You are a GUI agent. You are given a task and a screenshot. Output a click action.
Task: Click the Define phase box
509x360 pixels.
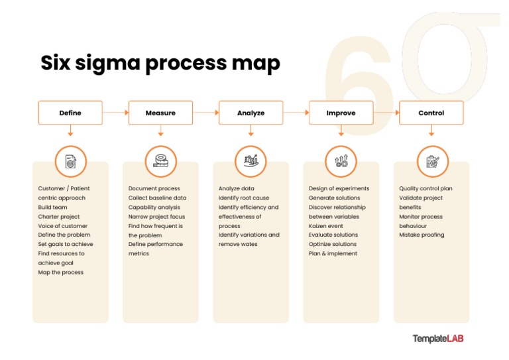tap(70, 113)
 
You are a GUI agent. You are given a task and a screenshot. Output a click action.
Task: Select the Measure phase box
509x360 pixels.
tap(160, 113)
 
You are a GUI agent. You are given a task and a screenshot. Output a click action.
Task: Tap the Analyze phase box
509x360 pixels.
tap(251, 113)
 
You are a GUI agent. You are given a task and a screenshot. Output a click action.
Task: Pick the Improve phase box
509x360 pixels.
tap(341, 113)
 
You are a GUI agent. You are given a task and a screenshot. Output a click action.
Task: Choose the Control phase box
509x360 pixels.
tap(431, 113)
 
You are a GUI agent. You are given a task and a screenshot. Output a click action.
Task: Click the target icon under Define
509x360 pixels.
tap(70, 161)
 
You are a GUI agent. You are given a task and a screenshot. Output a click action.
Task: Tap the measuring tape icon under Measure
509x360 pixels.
tap(160, 161)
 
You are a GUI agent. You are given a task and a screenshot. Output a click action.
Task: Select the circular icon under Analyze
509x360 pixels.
tap(251, 161)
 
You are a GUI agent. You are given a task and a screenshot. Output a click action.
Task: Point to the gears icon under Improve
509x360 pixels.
tap(341, 161)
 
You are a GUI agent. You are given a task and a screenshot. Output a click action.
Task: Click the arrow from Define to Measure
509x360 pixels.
tap(115, 113)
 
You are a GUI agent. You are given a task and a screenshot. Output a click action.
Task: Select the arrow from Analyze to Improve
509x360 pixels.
tap(296, 113)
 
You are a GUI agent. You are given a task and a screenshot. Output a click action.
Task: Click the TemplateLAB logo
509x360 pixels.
tap(438, 338)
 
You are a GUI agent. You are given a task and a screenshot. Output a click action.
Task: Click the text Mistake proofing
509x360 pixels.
tap(422, 235)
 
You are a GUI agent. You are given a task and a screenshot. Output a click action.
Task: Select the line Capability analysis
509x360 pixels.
tap(154, 207)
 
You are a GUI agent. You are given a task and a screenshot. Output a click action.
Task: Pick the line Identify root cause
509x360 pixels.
tap(244, 198)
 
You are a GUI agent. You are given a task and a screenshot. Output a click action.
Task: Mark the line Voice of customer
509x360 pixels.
tap(64, 225)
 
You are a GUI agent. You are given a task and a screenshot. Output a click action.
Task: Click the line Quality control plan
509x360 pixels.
tap(425, 188)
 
